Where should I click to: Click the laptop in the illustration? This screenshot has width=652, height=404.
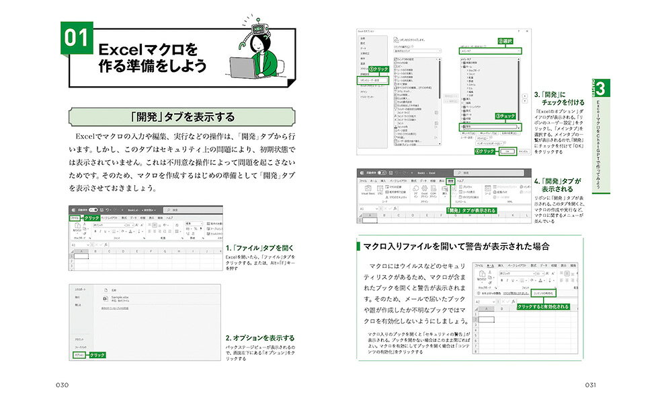point(245,67)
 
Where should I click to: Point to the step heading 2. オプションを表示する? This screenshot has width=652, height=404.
point(259,338)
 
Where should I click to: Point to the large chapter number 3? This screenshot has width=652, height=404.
point(602,88)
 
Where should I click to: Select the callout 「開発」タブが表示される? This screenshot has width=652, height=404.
point(471,211)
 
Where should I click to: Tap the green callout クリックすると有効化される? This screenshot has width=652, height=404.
point(543,306)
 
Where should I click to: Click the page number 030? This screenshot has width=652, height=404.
point(63,384)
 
